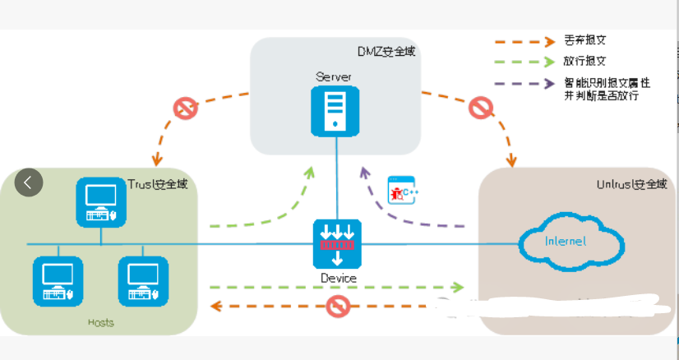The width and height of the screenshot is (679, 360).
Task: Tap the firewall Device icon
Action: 337,244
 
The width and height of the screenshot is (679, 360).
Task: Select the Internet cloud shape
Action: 569,241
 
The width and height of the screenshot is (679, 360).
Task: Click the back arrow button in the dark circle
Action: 28,182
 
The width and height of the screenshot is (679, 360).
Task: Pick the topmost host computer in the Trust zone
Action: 100,202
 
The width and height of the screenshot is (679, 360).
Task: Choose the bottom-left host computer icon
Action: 58,281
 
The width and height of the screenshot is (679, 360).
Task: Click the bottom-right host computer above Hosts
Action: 143,281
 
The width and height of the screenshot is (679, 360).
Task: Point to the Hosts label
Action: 101,322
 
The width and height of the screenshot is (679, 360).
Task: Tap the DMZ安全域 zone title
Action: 386,51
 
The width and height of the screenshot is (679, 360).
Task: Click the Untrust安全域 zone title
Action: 631,185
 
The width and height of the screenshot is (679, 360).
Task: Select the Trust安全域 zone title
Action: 158,184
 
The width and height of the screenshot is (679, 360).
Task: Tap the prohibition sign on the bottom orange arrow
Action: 338,307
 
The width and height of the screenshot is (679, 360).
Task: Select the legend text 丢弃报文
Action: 585,40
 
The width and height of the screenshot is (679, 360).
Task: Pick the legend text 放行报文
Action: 585,62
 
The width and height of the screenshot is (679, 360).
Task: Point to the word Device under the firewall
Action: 338,278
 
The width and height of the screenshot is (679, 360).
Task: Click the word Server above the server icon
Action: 333,76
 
